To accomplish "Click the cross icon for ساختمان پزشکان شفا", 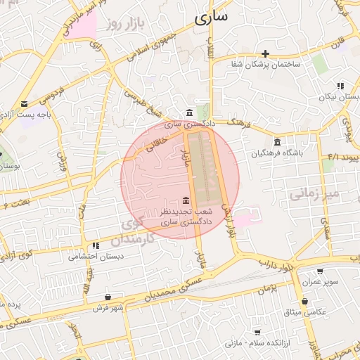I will click(x=265, y=53).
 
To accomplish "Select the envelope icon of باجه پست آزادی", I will click(x=25, y=103).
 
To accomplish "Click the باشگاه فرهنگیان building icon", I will click(x=277, y=141).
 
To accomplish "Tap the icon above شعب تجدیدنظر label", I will click(x=185, y=201).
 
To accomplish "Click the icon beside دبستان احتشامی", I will click(x=96, y=245).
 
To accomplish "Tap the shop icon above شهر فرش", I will click(x=107, y=297).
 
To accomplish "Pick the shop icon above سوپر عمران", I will click(x=320, y=271).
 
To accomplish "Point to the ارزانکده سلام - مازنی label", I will click(x=257, y=342).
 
